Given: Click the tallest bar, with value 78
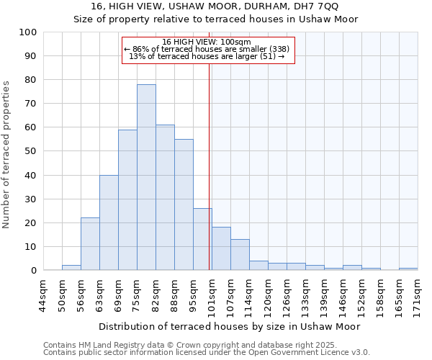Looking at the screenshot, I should coord(146,177).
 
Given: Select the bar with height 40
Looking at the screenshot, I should coord(109,222).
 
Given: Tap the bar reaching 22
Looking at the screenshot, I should coord(90,244).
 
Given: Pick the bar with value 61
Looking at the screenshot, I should coord(165,197).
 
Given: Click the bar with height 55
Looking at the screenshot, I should coord(184,204).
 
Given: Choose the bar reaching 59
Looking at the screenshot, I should coord(127,200).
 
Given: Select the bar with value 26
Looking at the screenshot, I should coord(202,239).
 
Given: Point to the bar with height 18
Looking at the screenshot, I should coord(221,248).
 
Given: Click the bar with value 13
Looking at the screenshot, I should coord(240,254).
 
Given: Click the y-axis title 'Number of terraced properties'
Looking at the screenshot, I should coord(7,155).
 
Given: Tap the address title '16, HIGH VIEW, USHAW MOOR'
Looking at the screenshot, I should coord(215,6).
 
